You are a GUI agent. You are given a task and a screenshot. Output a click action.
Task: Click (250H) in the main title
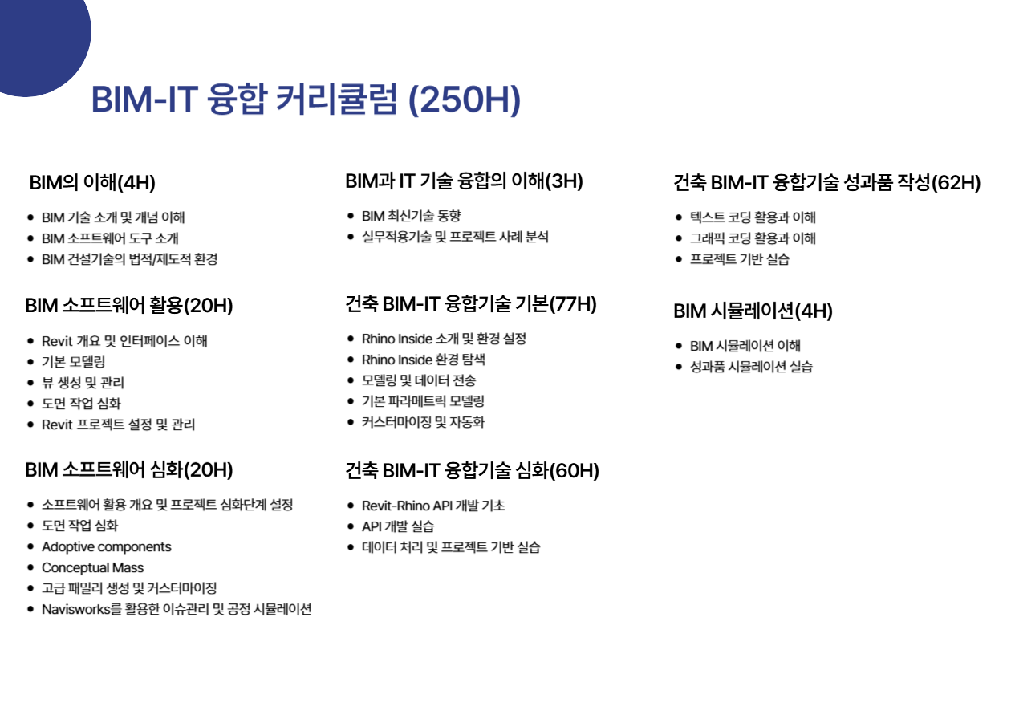point(465,100)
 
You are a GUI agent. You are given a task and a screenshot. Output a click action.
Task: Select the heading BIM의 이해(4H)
point(92,183)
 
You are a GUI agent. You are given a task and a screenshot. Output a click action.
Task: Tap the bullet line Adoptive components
point(107,546)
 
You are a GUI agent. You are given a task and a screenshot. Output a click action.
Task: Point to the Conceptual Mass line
point(92,567)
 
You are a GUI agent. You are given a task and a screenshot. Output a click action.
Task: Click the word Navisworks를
point(82,609)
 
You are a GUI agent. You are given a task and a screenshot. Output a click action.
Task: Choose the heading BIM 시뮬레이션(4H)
point(753,311)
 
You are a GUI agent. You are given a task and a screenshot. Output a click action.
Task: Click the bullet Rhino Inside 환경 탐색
point(424,360)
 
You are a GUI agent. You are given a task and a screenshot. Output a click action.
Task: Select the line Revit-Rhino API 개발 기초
point(433,506)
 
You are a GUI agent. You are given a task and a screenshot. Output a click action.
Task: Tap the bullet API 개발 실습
point(398,526)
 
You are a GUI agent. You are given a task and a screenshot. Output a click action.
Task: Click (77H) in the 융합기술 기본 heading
point(573,304)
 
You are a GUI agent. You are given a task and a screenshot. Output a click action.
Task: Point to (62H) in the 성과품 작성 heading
point(956,183)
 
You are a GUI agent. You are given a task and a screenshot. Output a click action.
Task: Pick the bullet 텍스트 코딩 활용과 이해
point(753,217)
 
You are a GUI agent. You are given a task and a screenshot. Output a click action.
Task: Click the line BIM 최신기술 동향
point(411,216)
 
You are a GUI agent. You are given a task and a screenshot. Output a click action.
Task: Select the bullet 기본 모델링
point(74,362)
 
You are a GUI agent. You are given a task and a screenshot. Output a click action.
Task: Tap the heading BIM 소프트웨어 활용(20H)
point(129,306)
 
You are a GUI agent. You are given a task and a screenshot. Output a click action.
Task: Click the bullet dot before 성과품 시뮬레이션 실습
point(678,367)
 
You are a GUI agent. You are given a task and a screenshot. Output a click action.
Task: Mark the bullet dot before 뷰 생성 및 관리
point(30,383)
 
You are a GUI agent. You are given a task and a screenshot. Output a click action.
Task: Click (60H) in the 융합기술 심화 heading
point(575,471)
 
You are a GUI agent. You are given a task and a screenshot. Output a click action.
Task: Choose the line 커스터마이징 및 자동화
point(423,422)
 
